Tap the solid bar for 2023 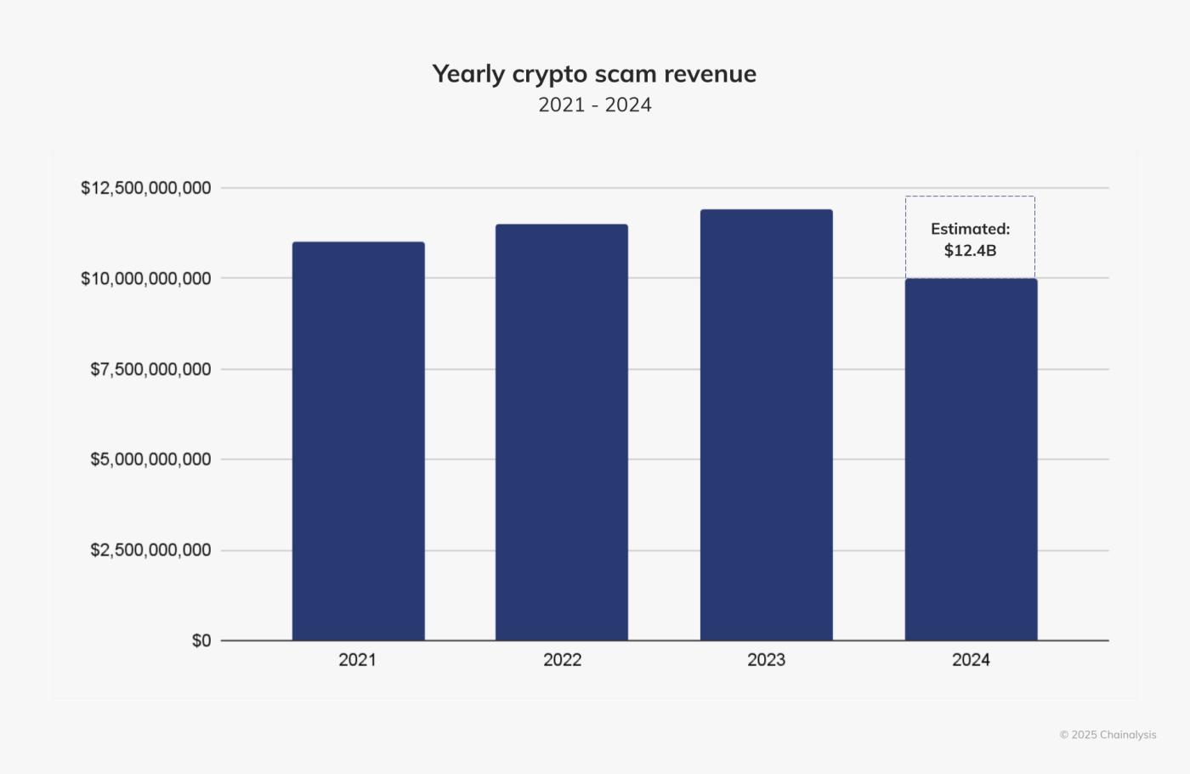[766, 424]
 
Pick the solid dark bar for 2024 [971, 459]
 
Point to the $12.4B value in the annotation [970, 251]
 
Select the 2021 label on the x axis [357, 660]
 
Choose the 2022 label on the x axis [562, 660]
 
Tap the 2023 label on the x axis [766, 660]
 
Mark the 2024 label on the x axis [971, 660]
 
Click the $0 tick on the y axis [201, 640]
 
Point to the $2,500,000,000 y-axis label [150, 550]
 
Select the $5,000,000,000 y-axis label [150, 459]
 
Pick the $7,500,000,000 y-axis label [150, 369]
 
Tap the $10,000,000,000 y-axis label [146, 278]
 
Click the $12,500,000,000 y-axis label [146, 188]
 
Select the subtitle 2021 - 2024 [595, 105]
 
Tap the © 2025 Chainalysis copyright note [1108, 735]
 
